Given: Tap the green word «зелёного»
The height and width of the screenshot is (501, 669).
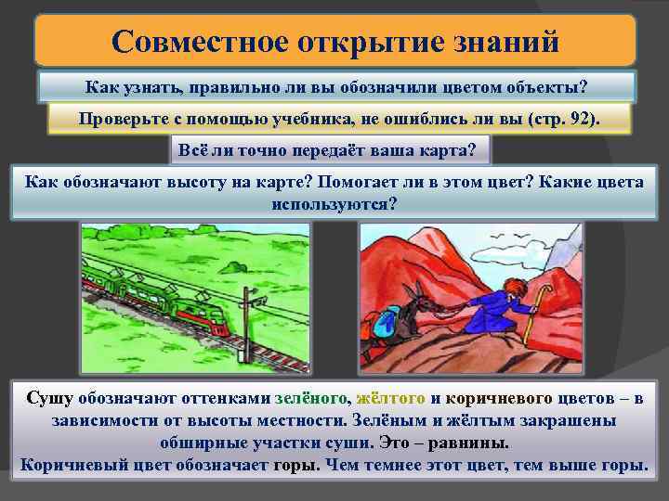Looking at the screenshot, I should tap(312, 398).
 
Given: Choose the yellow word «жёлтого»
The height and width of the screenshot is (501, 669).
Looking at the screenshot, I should tap(391, 398).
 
